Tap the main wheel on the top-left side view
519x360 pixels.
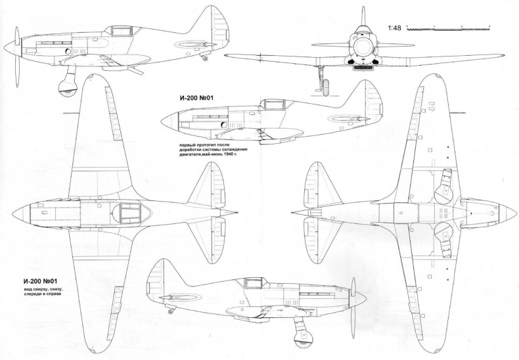coord(67,85)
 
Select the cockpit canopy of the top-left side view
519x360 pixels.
coord(120,30)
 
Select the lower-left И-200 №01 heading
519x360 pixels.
coord(40,281)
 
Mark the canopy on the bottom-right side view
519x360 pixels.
coord(253,284)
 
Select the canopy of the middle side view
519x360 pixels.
coord(271,104)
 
